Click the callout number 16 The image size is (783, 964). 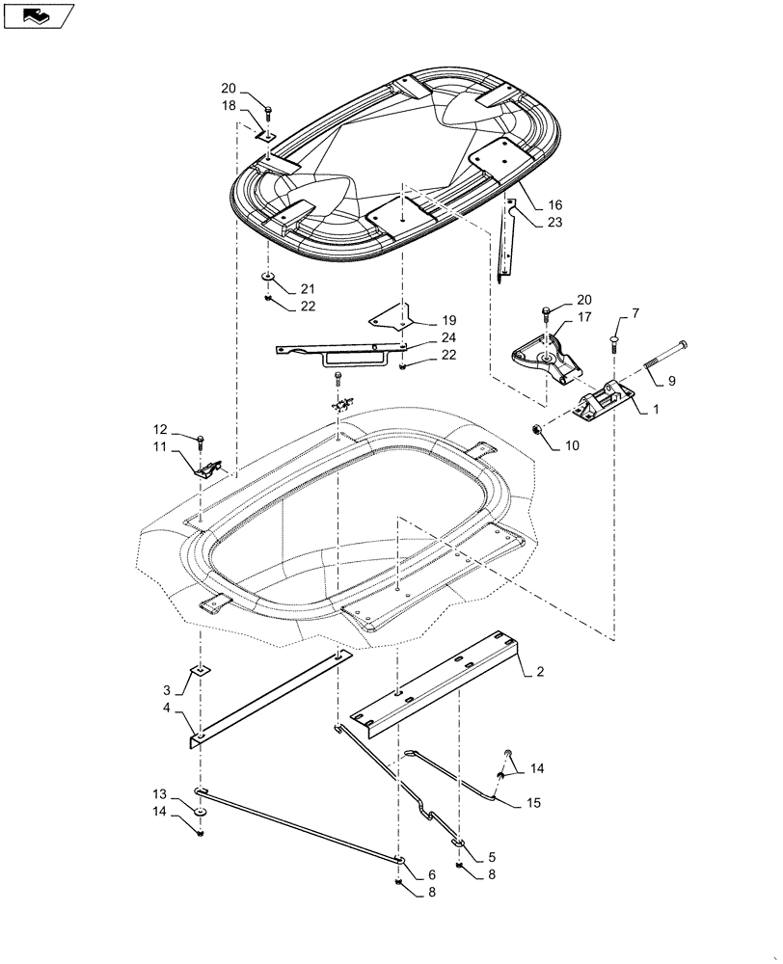555,205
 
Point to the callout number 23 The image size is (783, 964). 555,222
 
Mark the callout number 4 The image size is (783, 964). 167,709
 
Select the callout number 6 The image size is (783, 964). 431,873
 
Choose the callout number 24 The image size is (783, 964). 448,337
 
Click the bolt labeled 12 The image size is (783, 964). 200,442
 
